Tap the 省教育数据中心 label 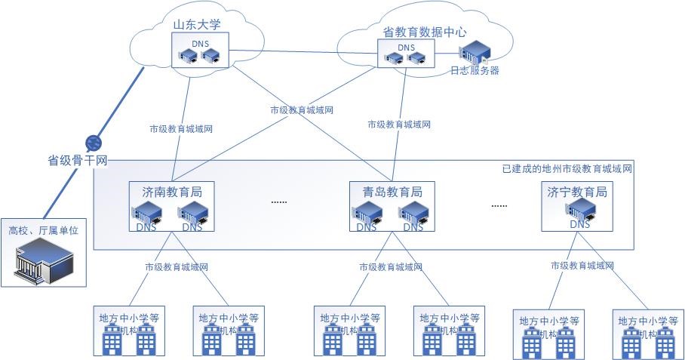[425, 32]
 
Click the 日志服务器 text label [475, 71]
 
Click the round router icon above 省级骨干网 [94, 143]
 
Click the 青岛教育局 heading [390, 192]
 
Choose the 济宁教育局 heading [578, 192]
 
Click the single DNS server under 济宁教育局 [580, 209]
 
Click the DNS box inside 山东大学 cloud [200, 51]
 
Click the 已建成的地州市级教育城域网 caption [567, 169]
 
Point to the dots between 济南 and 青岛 [279, 202]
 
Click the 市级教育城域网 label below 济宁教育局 [582, 266]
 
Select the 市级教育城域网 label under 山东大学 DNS [181, 128]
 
